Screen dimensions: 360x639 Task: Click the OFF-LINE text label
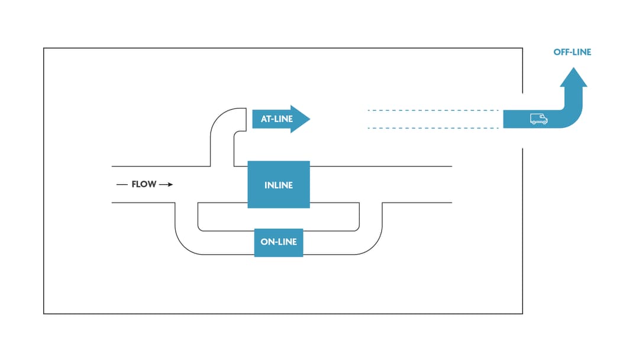click(x=572, y=52)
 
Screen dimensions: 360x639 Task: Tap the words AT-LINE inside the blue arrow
click(x=276, y=119)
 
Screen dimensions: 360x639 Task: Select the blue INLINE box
click(x=279, y=185)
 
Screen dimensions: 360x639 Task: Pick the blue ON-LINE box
click(x=279, y=242)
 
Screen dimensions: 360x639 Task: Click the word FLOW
click(x=144, y=185)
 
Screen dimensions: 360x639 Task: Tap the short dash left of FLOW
click(x=122, y=185)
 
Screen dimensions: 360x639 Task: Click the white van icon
click(x=538, y=119)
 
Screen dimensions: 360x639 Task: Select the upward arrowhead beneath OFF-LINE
click(x=573, y=78)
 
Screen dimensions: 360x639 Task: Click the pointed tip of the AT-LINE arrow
click(x=309, y=119)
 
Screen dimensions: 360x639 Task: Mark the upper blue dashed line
click(x=432, y=110)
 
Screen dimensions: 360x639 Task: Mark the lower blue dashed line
click(x=432, y=128)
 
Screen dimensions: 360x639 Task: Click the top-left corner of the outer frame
click(x=44, y=49)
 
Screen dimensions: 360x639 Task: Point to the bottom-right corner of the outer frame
click(x=522, y=313)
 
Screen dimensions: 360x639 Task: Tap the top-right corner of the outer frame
click(x=522, y=49)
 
